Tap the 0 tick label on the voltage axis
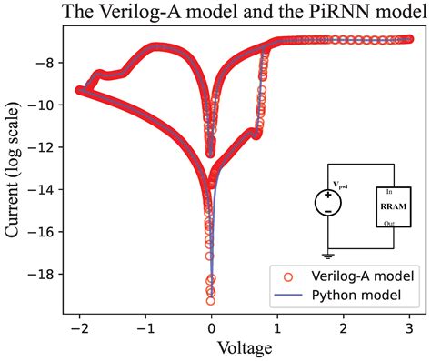[x=211, y=326]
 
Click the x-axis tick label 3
[x=409, y=326]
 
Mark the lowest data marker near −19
[x=211, y=300]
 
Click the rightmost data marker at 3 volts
[x=409, y=39]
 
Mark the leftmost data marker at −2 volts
[x=80, y=90]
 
